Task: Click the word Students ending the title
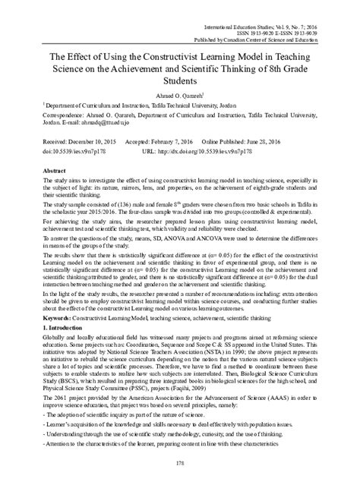[x=180, y=80]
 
